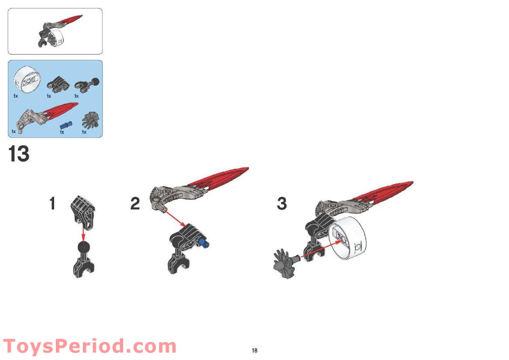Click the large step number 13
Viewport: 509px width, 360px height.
19,154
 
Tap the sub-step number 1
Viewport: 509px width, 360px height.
52,203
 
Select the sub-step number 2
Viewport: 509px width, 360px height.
135,203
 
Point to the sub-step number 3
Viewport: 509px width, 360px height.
282,203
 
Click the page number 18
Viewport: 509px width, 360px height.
254,350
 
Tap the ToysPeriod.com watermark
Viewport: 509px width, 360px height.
90,346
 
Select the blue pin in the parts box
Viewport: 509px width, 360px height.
66,125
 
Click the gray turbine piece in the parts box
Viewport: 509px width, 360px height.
90,121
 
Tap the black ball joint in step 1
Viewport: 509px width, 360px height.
84,248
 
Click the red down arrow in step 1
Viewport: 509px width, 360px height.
83,233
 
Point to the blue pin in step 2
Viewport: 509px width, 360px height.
204,243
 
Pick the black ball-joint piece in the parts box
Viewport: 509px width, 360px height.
88,84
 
